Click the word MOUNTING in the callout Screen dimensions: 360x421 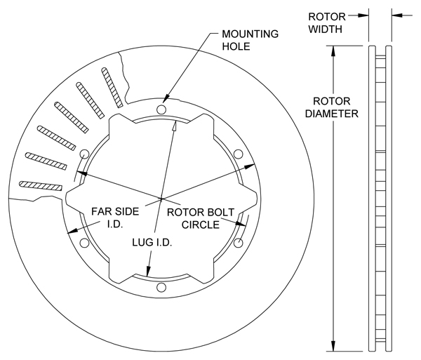click(249, 34)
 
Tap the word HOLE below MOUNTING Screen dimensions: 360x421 click(237, 47)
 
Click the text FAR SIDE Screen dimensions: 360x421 click(115, 211)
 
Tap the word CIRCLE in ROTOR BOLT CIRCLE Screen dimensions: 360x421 click(200, 225)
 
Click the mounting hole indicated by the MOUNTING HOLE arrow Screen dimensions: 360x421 click(162, 110)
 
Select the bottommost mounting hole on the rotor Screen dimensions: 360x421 click(161, 286)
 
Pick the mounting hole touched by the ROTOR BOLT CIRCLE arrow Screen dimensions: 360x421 click(237, 243)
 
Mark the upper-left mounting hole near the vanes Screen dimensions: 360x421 click(85, 154)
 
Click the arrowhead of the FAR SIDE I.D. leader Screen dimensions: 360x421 click(71, 232)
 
